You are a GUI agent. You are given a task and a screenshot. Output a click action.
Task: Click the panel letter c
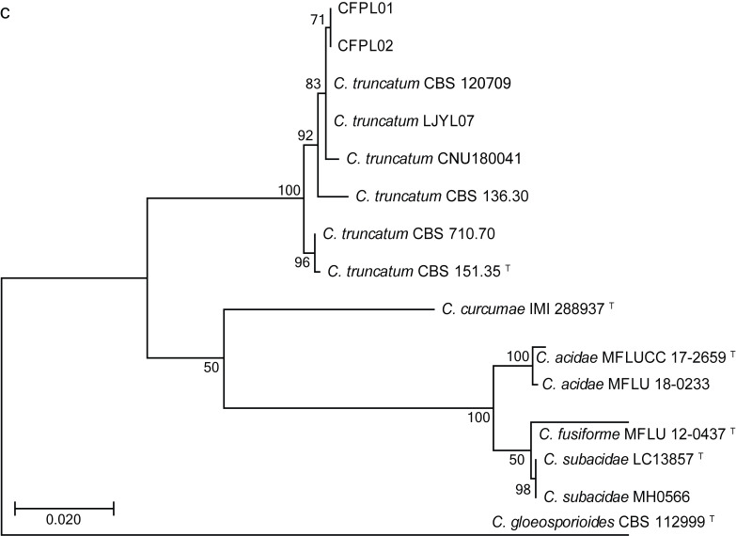pyautogui.click(x=6, y=10)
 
